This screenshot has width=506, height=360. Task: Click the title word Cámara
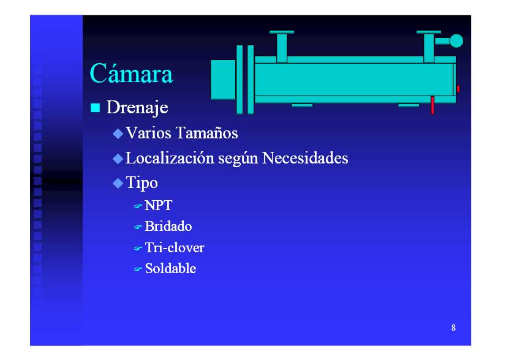[131, 73]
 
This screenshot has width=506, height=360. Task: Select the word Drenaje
[137, 107]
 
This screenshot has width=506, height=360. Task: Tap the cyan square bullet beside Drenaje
[95, 108]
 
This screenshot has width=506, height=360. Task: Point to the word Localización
[170, 158]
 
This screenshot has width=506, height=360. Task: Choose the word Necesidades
[305, 158]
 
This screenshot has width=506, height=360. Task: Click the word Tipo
[142, 183]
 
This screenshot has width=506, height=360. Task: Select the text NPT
[159, 206]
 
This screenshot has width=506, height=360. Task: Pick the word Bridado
[168, 227]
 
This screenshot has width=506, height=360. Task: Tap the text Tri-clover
[175, 248]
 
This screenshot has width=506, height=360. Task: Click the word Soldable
[170, 268]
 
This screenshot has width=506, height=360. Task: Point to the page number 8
[453, 328]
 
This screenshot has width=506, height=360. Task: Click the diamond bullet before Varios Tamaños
[118, 133]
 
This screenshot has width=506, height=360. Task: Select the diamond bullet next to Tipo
[118, 184]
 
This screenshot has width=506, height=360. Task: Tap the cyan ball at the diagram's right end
[456, 41]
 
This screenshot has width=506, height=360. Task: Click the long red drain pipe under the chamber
[432, 105]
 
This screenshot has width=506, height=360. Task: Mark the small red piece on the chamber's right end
[458, 89]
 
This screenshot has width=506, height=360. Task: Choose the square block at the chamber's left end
[223, 80]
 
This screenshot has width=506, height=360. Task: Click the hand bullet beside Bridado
[138, 227]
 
